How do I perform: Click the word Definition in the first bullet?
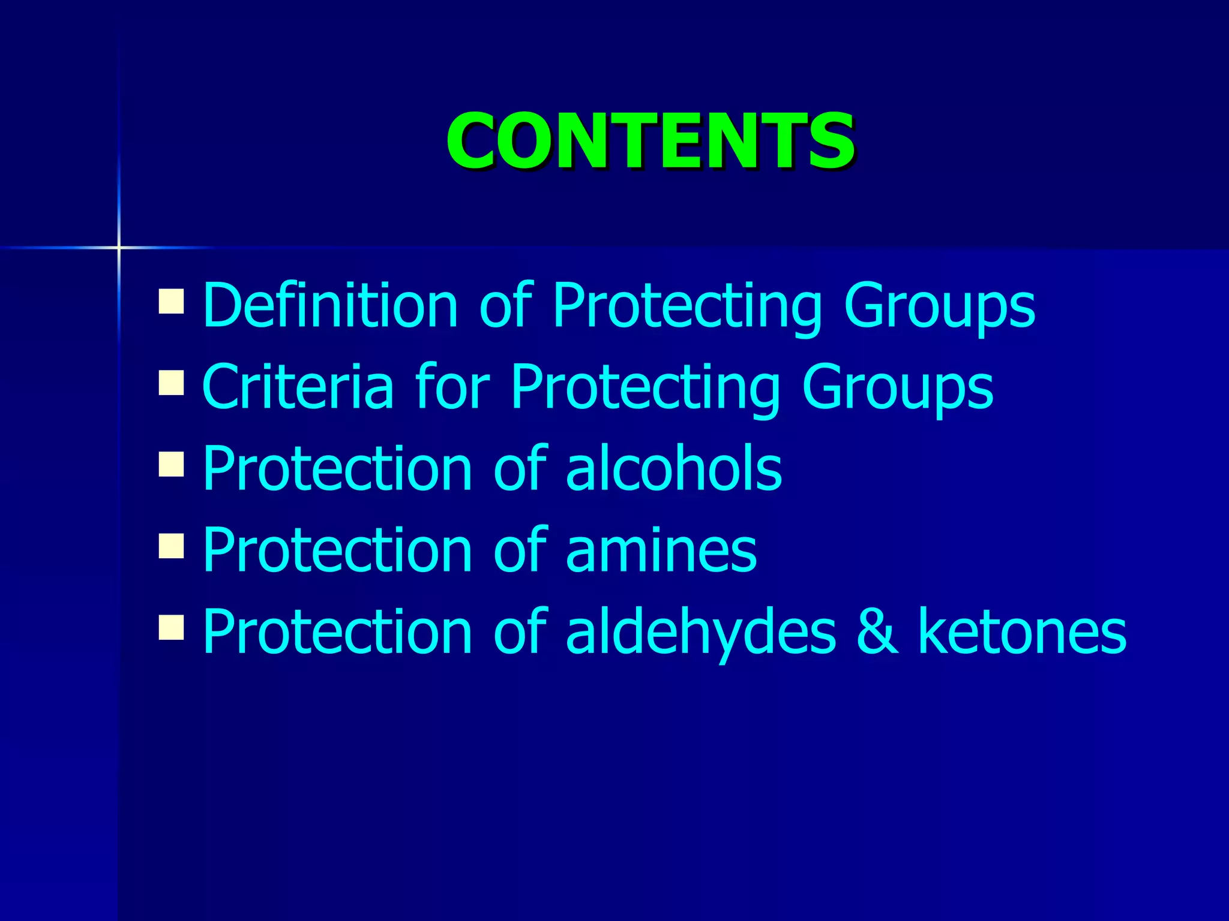(331, 305)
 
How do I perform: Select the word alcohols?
(673, 468)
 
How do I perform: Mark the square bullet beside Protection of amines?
(171, 546)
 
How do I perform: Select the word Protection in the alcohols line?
(338, 468)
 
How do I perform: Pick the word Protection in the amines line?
(338, 550)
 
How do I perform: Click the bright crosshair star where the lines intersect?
(119, 247)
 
